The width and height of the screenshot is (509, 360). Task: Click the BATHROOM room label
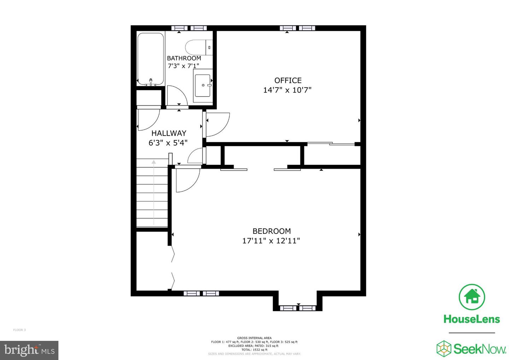(x=184, y=58)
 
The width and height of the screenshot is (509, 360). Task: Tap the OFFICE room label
(x=288, y=80)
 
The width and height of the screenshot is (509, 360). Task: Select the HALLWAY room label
(x=169, y=133)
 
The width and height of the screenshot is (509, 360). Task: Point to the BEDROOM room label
(x=271, y=231)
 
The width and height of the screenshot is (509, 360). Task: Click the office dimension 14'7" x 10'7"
(x=287, y=90)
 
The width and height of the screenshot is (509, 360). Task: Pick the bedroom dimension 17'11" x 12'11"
(x=271, y=241)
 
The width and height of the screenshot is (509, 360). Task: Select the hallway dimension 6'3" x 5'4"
(x=168, y=143)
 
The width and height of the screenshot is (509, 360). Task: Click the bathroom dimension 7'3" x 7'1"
(x=183, y=66)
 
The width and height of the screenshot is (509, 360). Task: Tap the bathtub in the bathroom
(x=150, y=59)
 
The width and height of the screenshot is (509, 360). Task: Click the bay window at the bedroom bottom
(x=298, y=308)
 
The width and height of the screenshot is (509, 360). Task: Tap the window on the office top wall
(x=297, y=28)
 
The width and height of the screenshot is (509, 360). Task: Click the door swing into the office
(x=217, y=124)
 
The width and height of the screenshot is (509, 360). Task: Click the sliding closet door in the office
(x=331, y=144)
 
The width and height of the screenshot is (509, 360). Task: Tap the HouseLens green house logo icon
(x=472, y=296)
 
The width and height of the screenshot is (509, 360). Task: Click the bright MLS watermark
(x=29, y=350)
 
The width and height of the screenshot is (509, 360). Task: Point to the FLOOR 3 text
(x=19, y=330)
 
